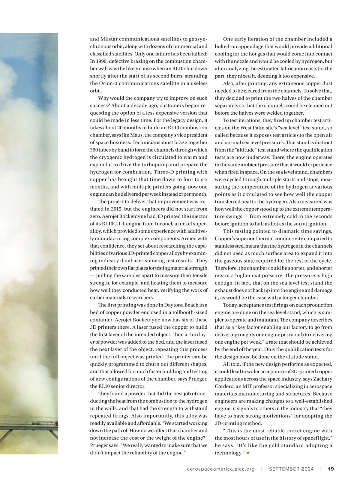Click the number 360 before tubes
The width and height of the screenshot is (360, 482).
coord(94,150)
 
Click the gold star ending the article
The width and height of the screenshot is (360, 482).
coord(248,453)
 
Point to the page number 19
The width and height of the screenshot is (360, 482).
coord(331,469)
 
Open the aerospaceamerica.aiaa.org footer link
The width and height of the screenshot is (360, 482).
coord(220,469)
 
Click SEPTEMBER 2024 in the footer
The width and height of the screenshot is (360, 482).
coord(291,469)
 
